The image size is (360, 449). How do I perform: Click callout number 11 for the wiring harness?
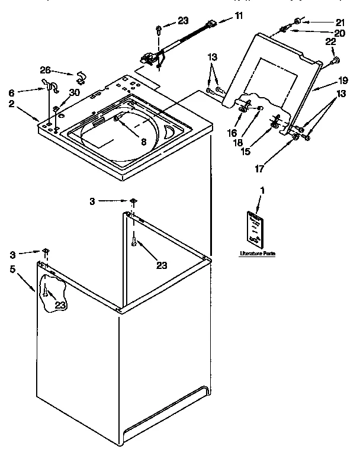click(x=239, y=17)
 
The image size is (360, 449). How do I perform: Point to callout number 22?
click(x=330, y=41)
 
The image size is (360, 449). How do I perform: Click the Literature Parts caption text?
click(x=258, y=254)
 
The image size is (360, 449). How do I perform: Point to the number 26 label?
click(x=45, y=70)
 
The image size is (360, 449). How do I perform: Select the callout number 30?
click(x=73, y=92)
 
